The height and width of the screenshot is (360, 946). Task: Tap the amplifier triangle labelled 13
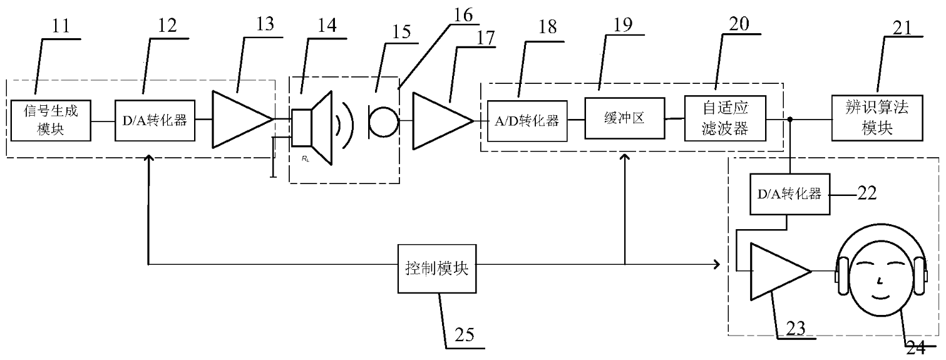pos(238,119)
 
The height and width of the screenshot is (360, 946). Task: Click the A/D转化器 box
pos(527,120)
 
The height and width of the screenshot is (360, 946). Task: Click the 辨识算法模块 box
pos(877,118)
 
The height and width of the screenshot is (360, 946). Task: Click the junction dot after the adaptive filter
pos(791,118)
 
